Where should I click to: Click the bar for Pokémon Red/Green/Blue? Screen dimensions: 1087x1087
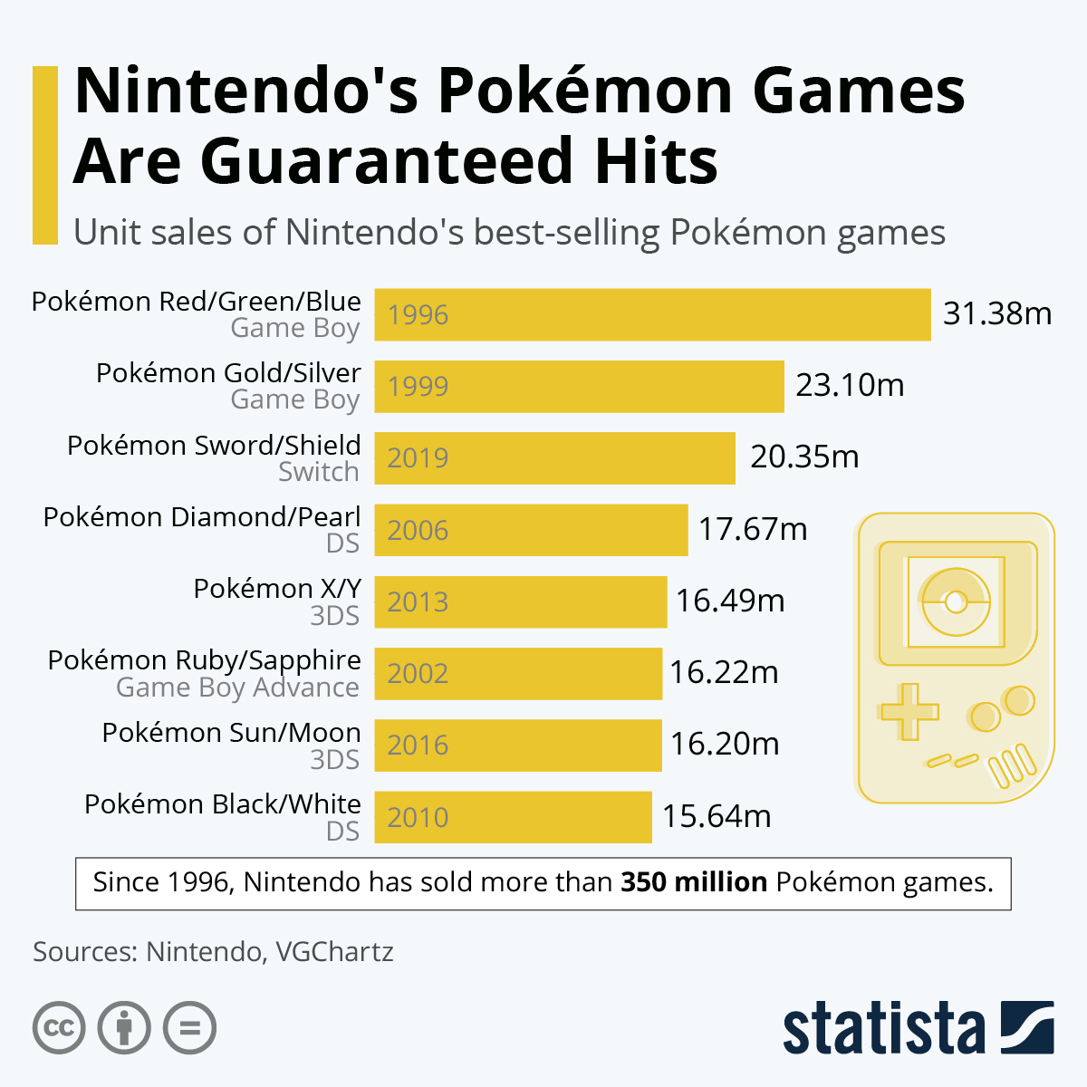(652, 314)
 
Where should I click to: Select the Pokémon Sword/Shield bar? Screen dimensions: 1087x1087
(554, 457)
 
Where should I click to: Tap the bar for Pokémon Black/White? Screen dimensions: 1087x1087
(513, 817)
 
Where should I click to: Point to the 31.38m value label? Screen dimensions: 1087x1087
(997, 313)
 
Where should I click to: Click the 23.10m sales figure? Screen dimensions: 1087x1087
(850, 385)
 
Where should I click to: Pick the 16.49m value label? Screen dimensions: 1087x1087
(730, 601)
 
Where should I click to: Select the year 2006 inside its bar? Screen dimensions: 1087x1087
(418, 530)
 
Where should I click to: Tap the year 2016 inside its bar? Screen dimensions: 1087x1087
(418, 746)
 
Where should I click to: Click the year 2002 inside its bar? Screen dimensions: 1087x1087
(418, 674)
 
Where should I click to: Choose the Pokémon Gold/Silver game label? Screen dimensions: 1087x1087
(228, 373)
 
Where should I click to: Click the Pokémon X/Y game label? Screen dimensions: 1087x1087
(276, 589)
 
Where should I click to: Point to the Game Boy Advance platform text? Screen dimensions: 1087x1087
(237, 688)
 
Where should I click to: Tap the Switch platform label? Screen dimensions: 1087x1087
(319, 472)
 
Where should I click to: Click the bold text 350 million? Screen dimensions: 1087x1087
(694, 882)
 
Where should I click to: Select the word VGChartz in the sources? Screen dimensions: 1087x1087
(334, 952)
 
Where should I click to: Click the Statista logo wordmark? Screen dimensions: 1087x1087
(883, 1028)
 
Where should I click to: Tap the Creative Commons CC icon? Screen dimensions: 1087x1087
(59, 1028)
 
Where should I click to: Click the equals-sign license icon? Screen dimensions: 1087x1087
(189, 1028)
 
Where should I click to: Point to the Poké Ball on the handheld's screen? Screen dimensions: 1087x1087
(954, 601)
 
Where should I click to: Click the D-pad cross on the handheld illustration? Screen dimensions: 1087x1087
(909, 711)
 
